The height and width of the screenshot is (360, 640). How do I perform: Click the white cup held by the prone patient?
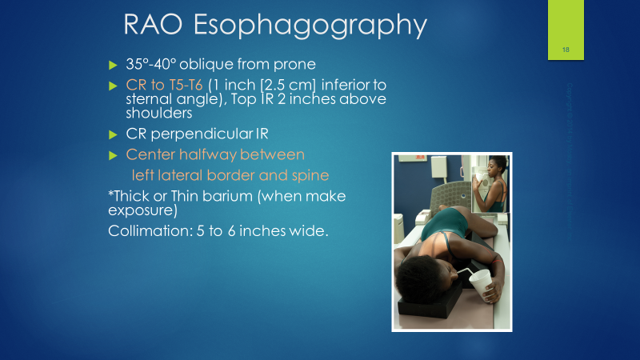click(482, 284)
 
